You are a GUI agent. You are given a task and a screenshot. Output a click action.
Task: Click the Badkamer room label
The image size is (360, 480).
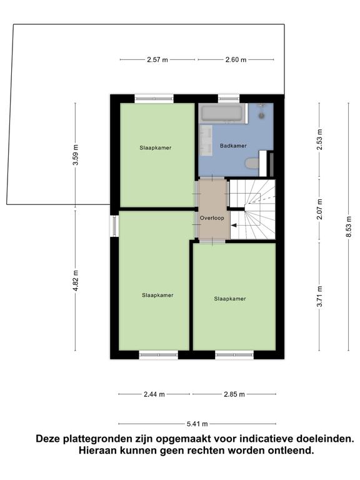point(233,146)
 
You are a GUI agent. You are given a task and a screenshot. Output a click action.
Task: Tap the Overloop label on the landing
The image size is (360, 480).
point(212,218)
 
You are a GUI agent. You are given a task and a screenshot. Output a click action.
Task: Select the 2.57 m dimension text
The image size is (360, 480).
point(157,60)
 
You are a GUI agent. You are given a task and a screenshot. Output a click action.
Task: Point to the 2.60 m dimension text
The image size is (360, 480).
point(236,60)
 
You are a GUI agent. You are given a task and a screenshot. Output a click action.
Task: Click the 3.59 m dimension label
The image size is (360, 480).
point(76,155)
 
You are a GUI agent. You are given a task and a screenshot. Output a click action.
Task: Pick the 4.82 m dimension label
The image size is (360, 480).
point(76,281)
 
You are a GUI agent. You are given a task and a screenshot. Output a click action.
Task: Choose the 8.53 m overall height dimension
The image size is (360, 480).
point(348,226)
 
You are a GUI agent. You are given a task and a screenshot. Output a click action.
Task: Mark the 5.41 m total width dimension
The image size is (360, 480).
point(197,424)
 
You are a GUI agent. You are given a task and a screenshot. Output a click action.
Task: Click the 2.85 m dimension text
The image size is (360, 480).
point(234,394)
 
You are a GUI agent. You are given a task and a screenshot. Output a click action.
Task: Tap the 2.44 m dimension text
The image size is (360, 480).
point(154,394)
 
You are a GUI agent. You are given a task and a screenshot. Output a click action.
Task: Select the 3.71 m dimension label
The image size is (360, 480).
point(319,296)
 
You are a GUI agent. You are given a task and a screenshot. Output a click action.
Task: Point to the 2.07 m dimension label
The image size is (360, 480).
point(319,209)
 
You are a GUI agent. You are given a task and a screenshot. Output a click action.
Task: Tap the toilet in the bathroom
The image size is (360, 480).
point(252,163)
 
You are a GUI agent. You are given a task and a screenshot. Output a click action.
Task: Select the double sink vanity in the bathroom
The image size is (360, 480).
point(206,139)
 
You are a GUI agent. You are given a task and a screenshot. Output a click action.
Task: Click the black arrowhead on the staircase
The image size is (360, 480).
point(234,226)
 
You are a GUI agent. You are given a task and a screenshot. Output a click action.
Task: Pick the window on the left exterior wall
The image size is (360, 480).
point(114,226)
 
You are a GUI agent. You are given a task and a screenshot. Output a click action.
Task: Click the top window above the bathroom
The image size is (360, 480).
point(228,99)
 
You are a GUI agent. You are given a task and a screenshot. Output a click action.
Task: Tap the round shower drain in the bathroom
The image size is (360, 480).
point(261,116)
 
